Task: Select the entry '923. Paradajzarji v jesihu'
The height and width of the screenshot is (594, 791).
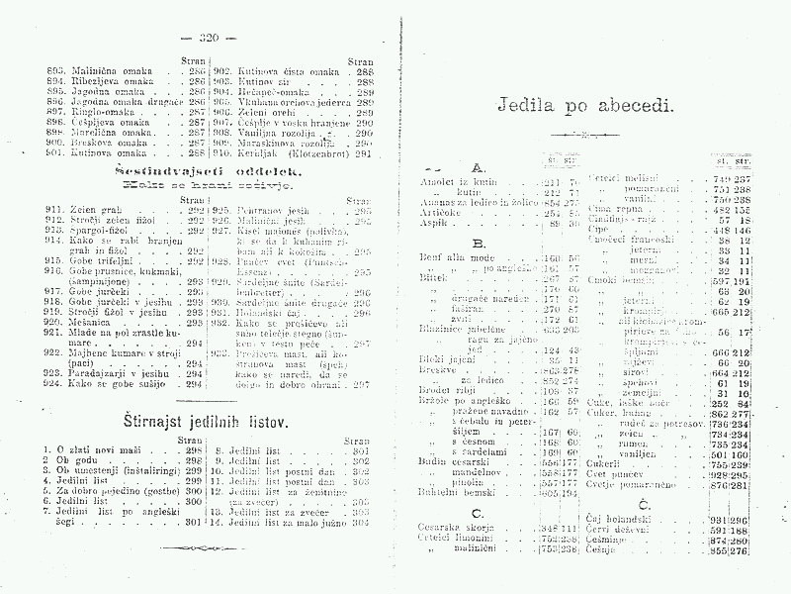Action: [x=109, y=374]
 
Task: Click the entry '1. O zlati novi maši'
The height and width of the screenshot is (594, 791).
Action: [x=99, y=450]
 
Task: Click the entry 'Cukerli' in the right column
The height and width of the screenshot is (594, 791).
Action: [x=605, y=462]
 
